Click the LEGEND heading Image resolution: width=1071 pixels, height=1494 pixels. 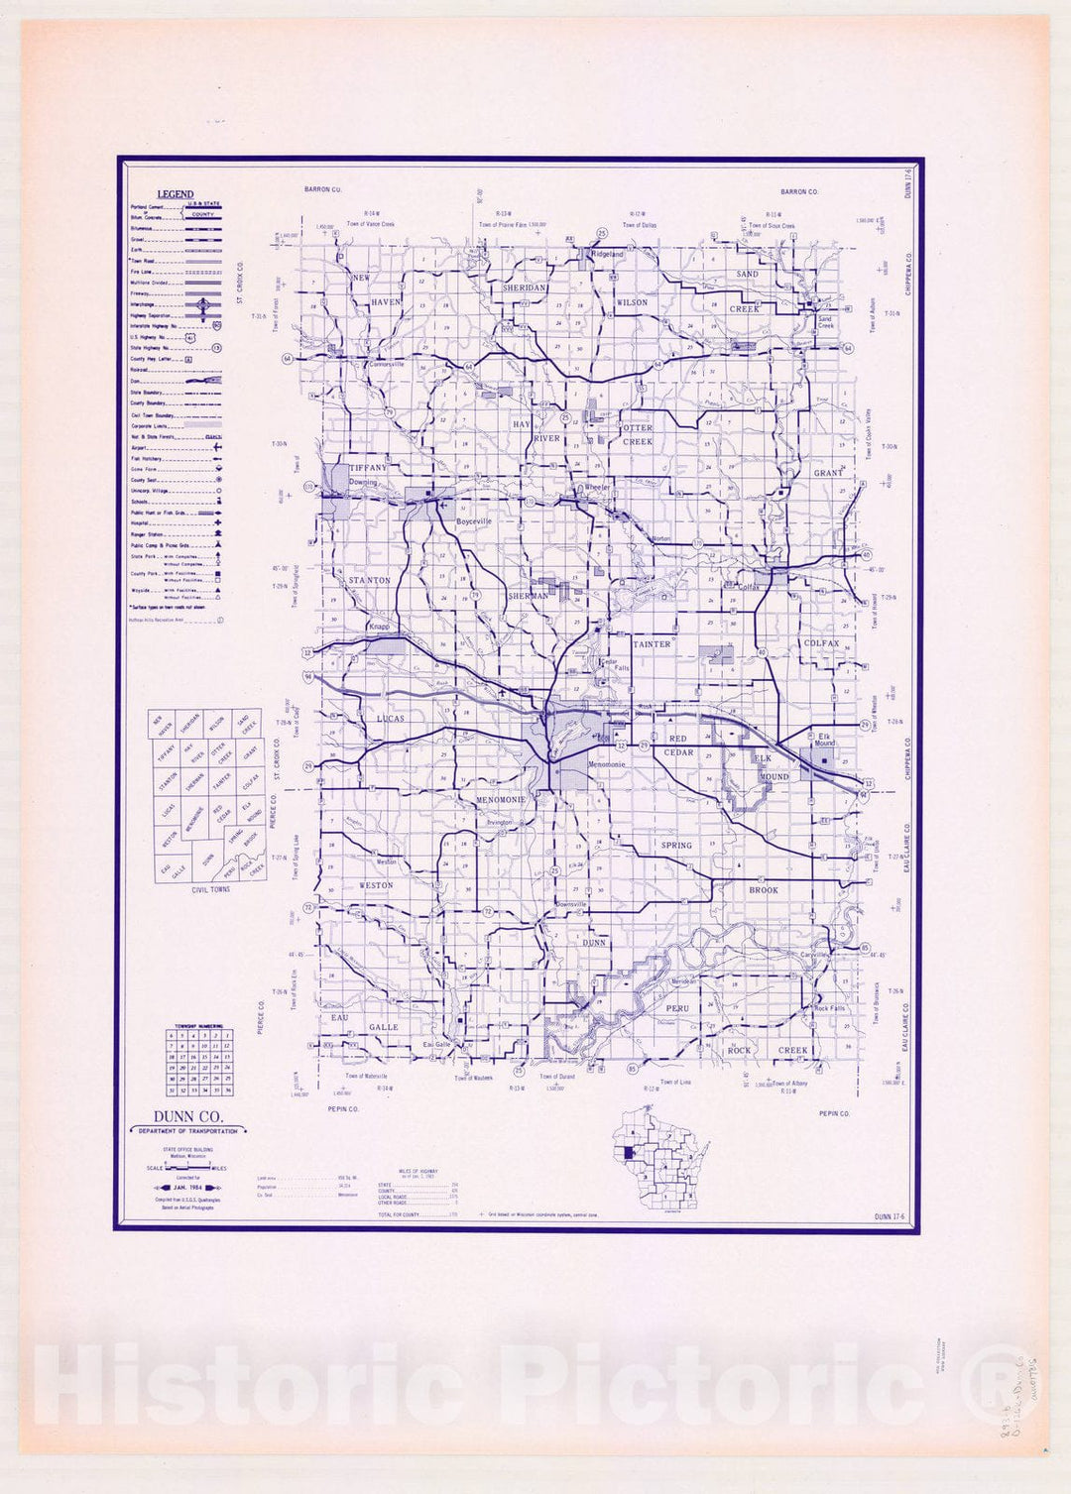(176, 194)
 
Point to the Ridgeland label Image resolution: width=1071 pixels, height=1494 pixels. (608, 255)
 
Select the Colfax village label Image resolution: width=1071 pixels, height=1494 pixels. (749, 587)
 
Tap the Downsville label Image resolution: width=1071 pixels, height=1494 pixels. (570, 905)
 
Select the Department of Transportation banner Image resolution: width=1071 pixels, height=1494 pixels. (187, 1131)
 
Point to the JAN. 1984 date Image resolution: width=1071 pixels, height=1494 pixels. (186, 1186)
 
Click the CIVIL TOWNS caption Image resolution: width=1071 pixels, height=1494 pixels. (210, 889)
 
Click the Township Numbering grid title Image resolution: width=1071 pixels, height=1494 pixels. (198, 1027)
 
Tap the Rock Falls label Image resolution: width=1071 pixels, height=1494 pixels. (829, 1008)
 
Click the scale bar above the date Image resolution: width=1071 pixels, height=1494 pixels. (187, 1169)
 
